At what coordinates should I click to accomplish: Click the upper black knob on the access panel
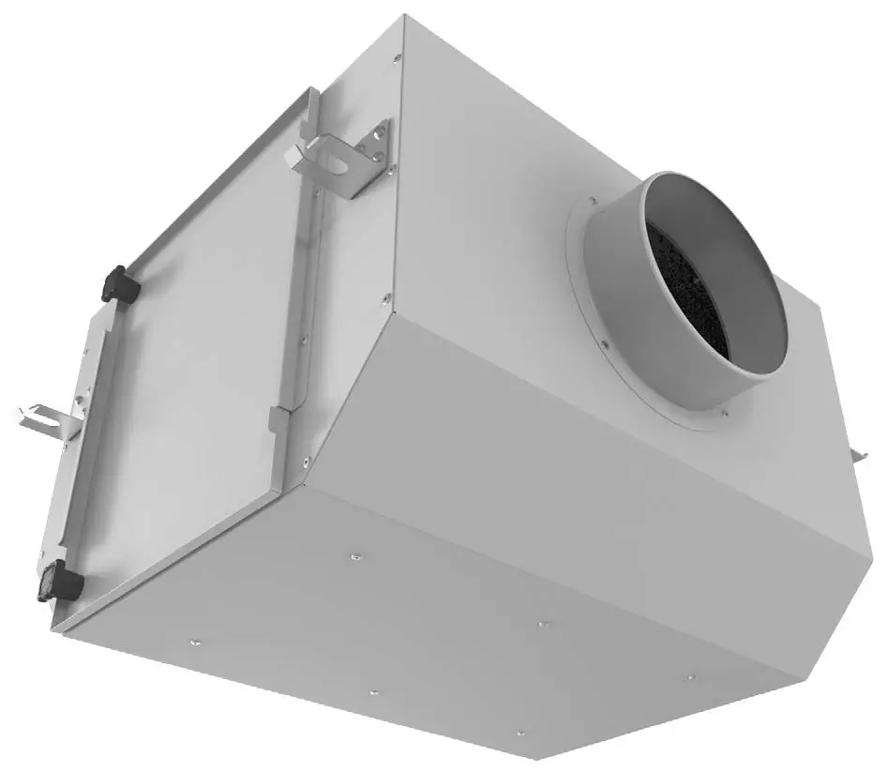122,282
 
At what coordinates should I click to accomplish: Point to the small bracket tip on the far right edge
857,455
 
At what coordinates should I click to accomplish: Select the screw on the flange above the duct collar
593,200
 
